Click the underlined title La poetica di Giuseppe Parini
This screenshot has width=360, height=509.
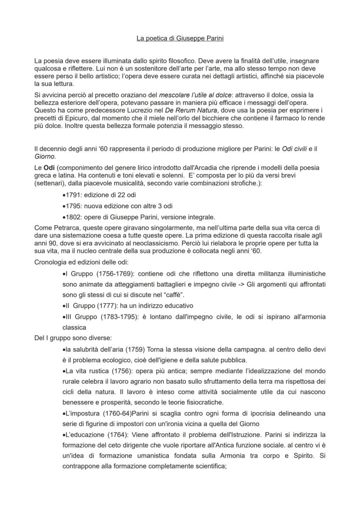(x=180, y=39)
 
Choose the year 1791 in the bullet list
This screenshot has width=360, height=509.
(x=73, y=195)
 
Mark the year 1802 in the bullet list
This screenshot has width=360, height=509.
(x=73, y=216)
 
